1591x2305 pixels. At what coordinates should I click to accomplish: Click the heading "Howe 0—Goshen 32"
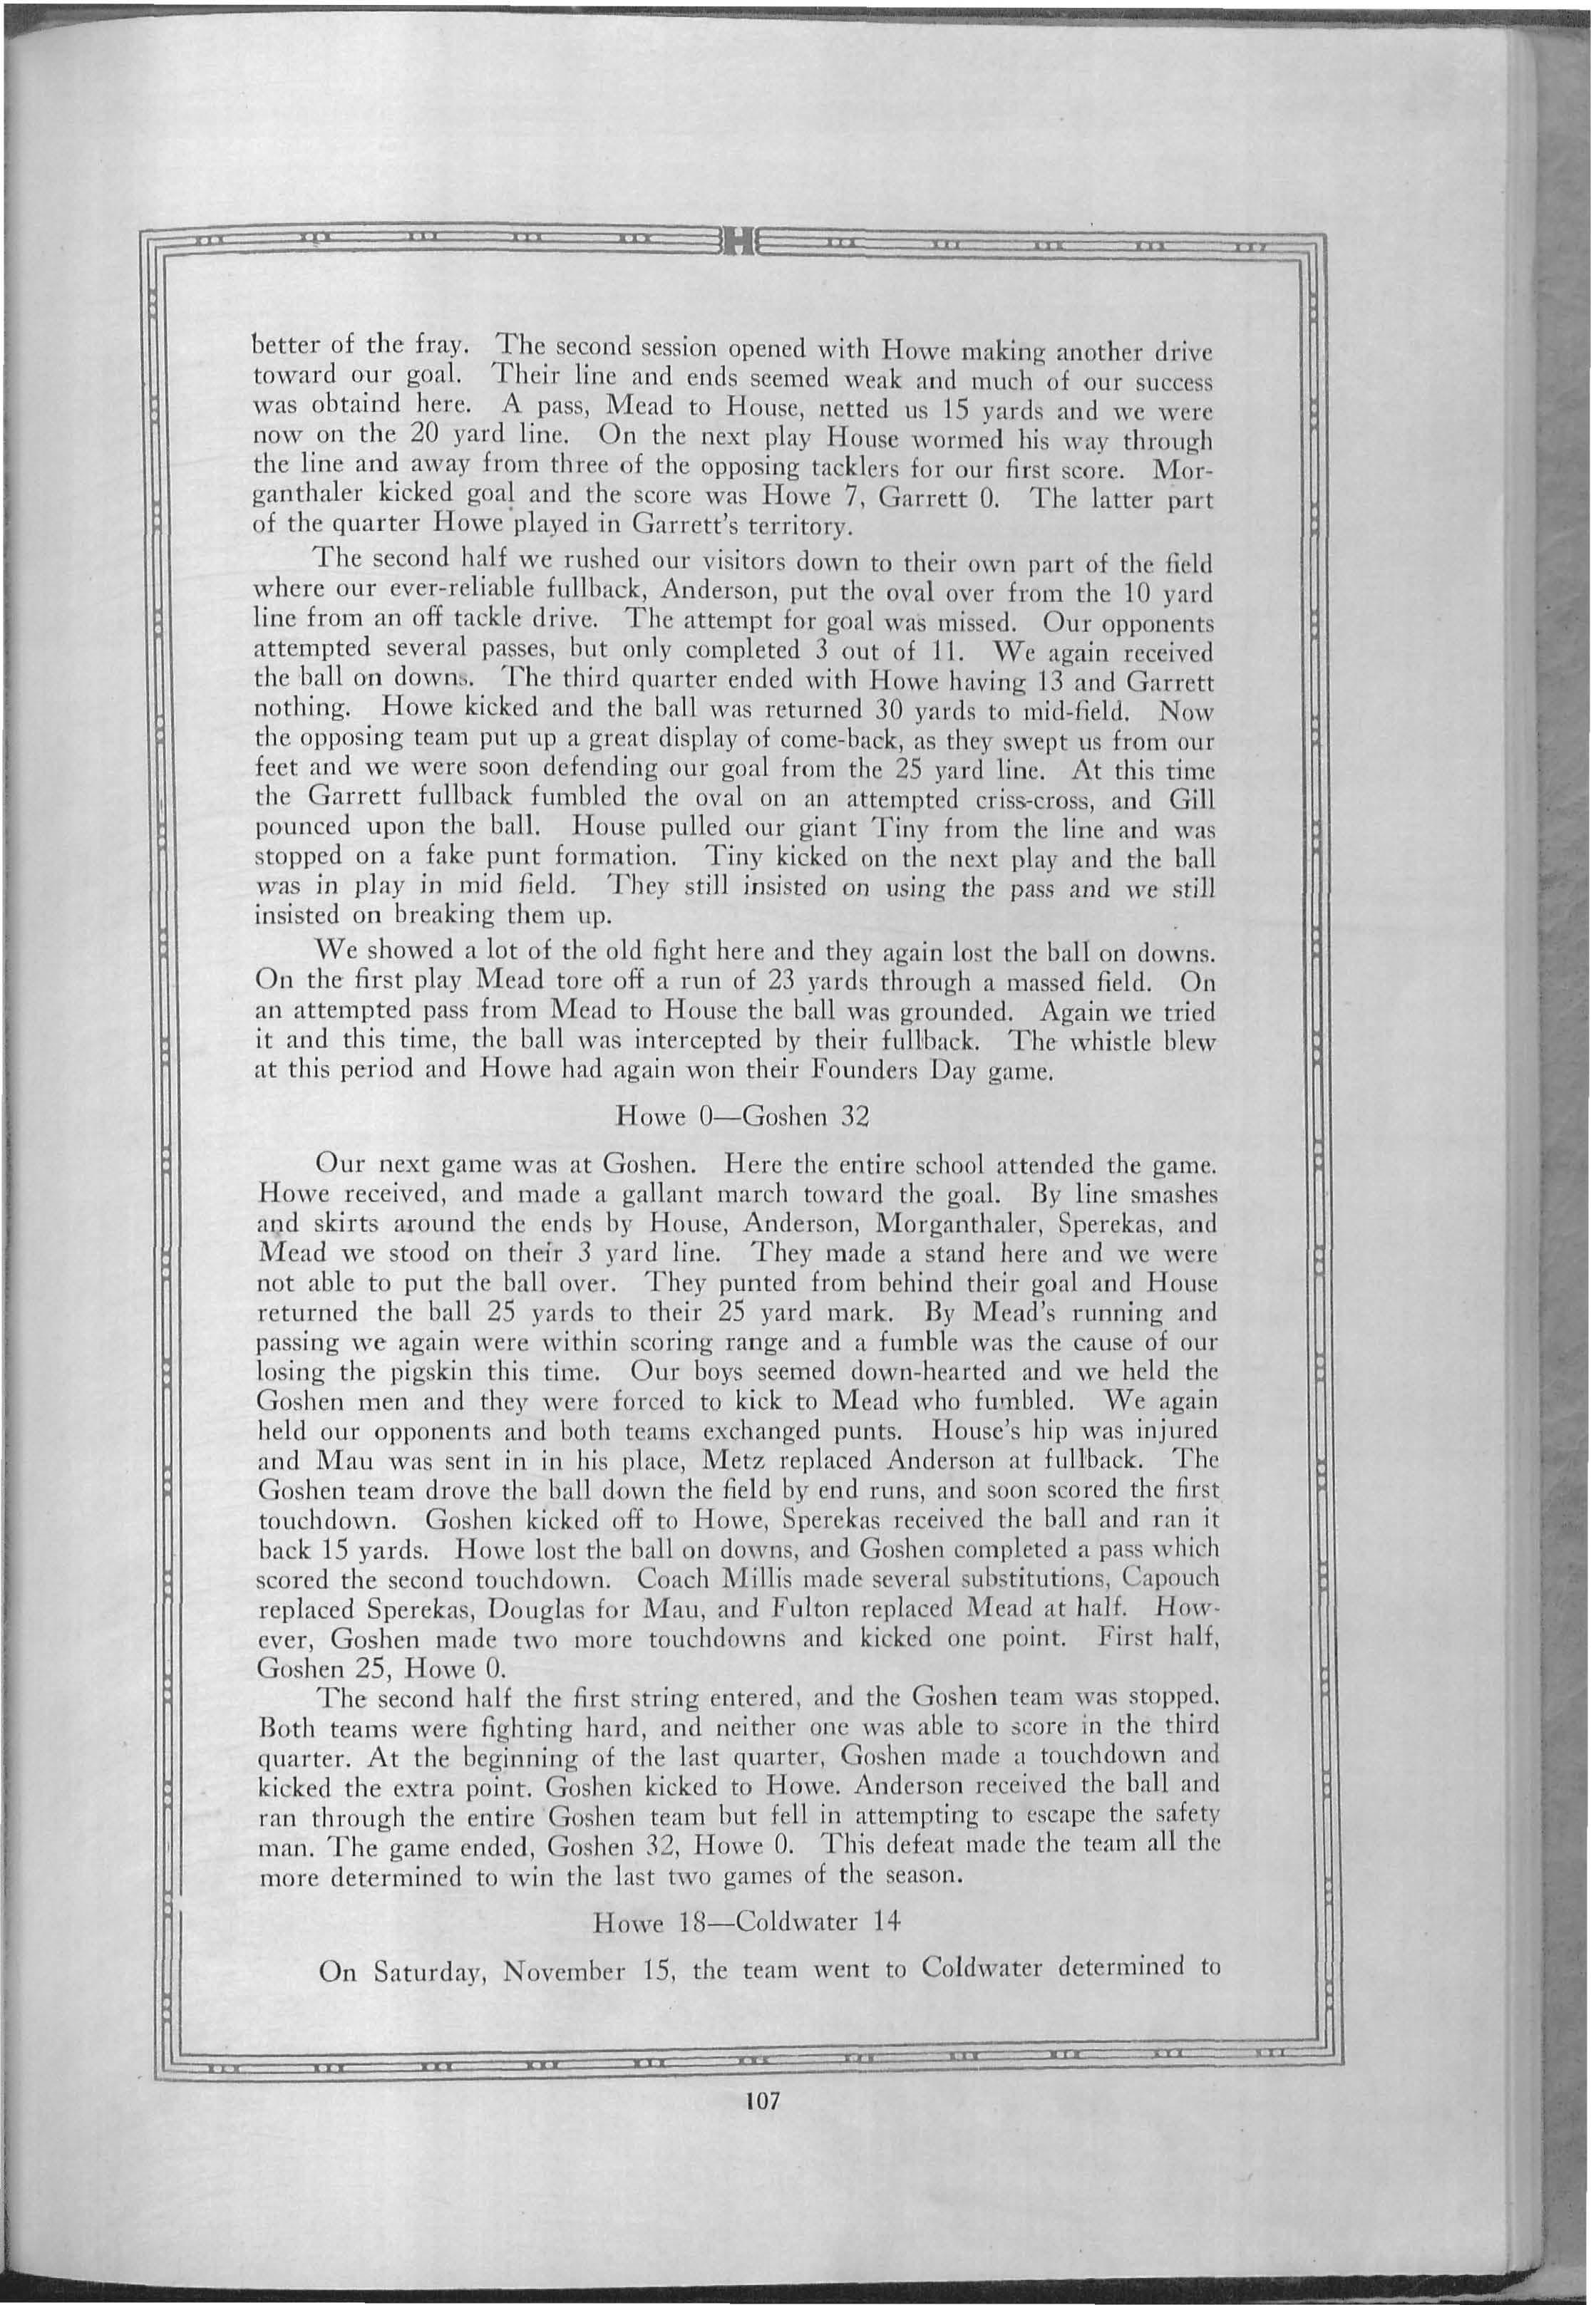[x=743, y=1116]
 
